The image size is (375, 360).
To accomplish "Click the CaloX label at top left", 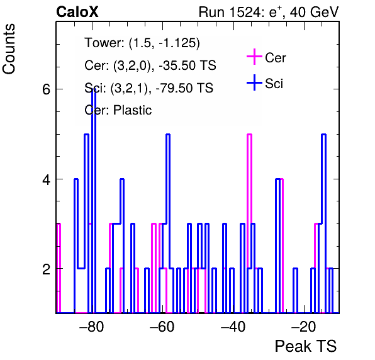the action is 77,12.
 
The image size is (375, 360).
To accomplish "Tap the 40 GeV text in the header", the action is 314,12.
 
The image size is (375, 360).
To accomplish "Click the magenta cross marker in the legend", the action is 254,57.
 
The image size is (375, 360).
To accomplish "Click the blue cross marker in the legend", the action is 254,82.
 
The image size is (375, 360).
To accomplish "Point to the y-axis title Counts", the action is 9,49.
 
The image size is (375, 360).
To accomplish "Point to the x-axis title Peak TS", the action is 306,346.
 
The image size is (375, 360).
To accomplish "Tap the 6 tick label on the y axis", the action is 46,89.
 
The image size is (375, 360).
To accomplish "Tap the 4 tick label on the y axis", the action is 46,179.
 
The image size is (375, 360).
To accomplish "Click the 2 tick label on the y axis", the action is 46,269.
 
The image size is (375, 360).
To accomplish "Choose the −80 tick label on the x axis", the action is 91,326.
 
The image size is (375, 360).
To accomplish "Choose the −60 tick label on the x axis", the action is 162,326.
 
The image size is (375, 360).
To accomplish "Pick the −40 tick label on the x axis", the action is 233,326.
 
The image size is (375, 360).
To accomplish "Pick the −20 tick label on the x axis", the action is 303,326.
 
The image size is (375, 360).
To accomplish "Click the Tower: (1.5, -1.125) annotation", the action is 142,43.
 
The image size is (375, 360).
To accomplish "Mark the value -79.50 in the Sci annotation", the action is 174,87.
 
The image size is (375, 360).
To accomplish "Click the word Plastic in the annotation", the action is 132,110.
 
